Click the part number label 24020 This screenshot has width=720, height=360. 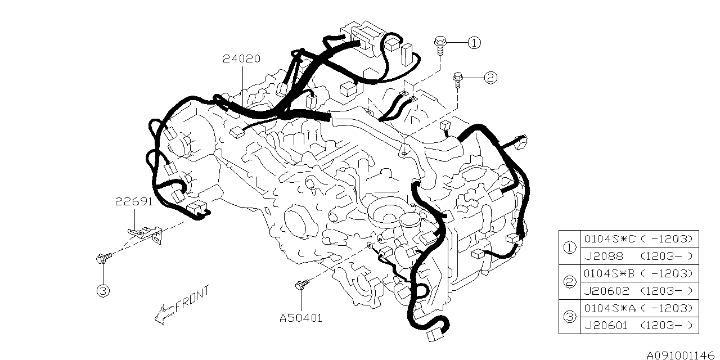tap(241, 58)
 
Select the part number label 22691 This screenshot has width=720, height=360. tap(134, 201)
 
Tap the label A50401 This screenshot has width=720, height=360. tap(301, 318)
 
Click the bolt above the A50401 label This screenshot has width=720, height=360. tap(301, 285)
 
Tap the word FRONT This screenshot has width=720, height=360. tap(192, 299)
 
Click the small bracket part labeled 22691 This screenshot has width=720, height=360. tap(145, 232)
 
